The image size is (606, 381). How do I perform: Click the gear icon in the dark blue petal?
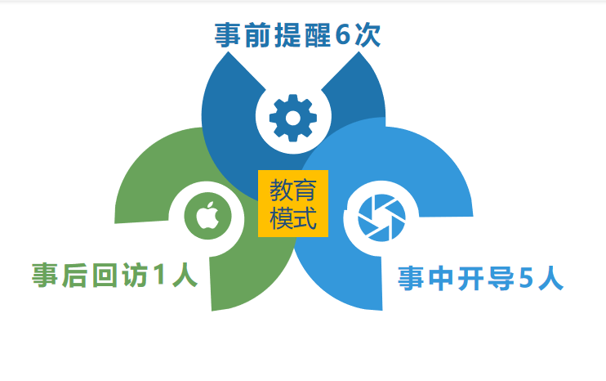pyautogui.click(x=293, y=118)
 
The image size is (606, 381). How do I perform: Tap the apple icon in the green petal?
pyautogui.click(x=207, y=216)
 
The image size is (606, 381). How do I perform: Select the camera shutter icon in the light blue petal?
pyautogui.click(x=381, y=217)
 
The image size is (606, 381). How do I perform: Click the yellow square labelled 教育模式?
pyautogui.click(x=293, y=204)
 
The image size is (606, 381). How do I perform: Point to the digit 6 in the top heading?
pyautogui.click(x=343, y=34)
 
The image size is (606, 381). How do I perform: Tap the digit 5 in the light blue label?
pyautogui.click(x=526, y=278)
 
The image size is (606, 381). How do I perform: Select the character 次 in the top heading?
pyautogui.click(x=368, y=34)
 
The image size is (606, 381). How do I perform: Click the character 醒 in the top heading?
pyautogui.click(x=318, y=35)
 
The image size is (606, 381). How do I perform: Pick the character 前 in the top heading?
pyautogui.click(x=257, y=35)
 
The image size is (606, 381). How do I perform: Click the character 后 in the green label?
pyautogui.click(x=74, y=275)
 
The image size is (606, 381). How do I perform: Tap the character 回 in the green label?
pyautogui.click(x=105, y=275)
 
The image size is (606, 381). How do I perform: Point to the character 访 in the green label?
pyautogui.click(x=135, y=275)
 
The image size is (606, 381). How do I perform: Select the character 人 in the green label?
pyautogui.click(x=185, y=275)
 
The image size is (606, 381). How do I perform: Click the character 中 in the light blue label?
pyautogui.click(x=440, y=278)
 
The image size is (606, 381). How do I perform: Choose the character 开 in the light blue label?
pyautogui.click(x=470, y=278)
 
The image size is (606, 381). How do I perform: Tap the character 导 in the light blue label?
pyautogui.click(x=501, y=278)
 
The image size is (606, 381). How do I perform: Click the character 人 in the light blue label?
pyautogui.click(x=550, y=278)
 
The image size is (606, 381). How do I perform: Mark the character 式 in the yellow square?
pyautogui.click(x=305, y=218)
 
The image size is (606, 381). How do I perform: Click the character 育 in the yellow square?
pyautogui.click(x=305, y=190)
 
